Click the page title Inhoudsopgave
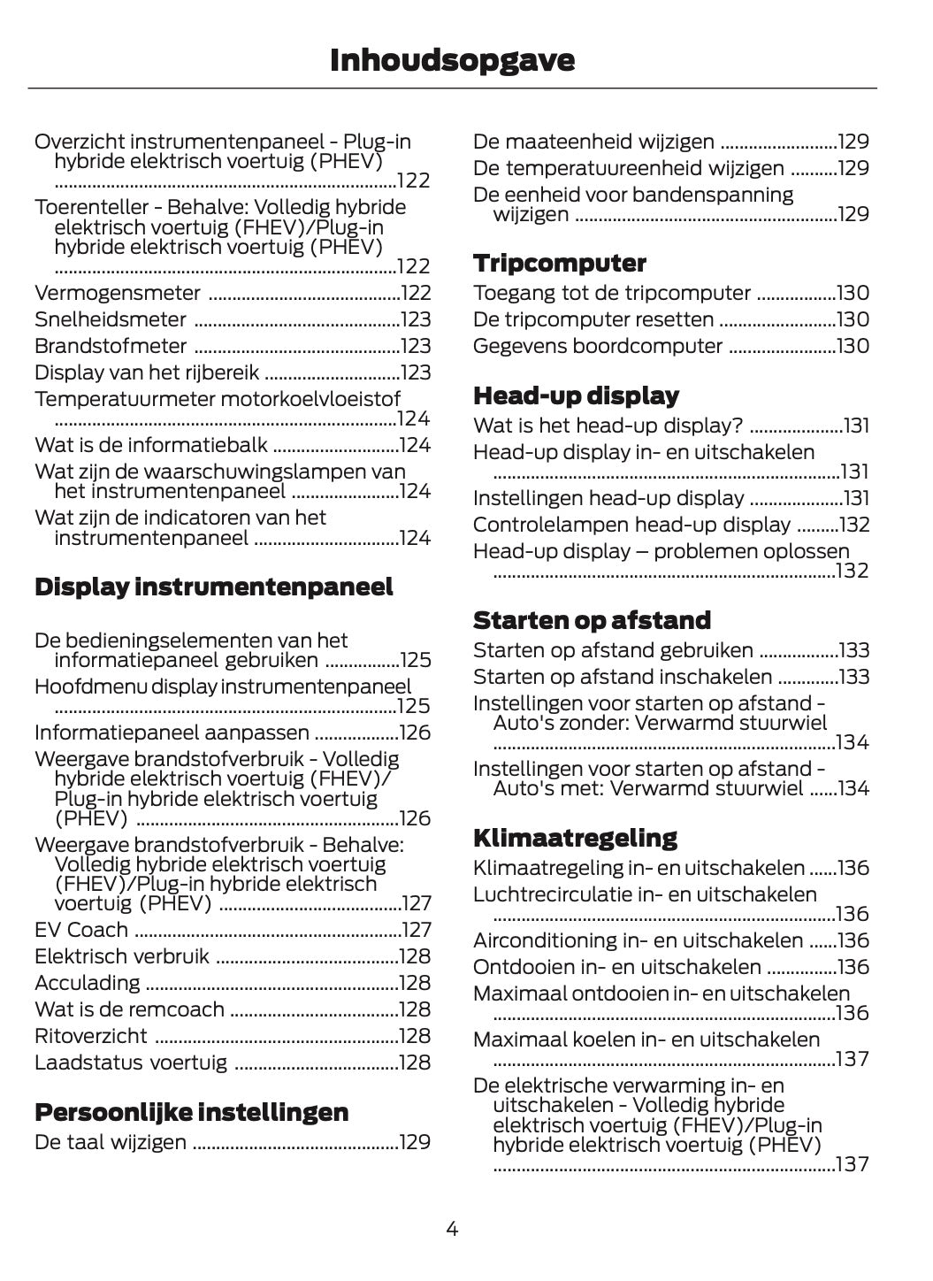[x=452, y=60]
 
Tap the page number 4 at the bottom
[x=452, y=1228]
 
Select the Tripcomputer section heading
[x=559, y=264]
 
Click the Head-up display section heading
[x=576, y=395]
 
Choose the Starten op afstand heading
[x=592, y=620]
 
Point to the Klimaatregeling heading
[x=575, y=838]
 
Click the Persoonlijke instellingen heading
[x=191, y=1112]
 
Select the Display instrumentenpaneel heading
[x=213, y=587]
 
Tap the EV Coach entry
[x=81, y=930]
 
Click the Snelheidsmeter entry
[x=111, y=319]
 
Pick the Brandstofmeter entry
[x=111, y=346]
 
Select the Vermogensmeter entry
[x=118, y=293]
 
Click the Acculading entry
[x=87, y=983]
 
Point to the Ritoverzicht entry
[x=91, y=1036]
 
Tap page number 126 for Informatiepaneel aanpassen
[x=415, y=733]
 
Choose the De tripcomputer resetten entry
[x=593, y=319]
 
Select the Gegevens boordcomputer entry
[x=598, y=346]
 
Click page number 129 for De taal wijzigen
[x=415, y=1142]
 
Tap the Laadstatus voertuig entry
[x=131, y=1062]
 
